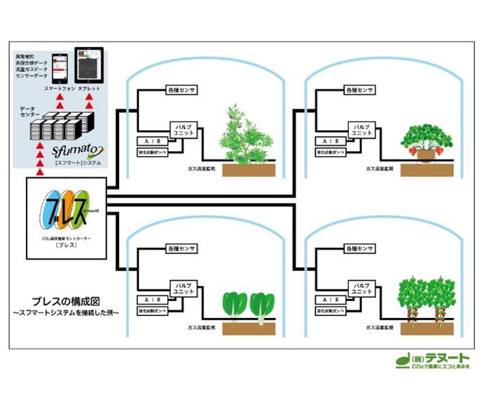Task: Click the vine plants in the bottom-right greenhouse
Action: point(426,300)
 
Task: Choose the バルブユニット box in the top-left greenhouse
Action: point(182,129)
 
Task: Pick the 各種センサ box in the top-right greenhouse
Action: point(360,91)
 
